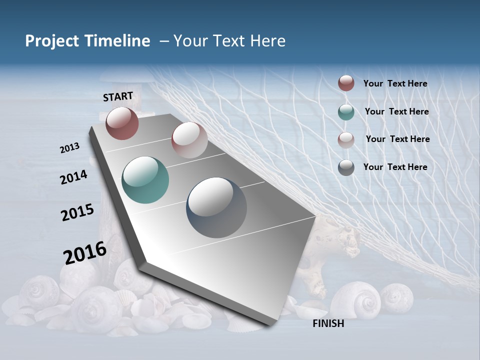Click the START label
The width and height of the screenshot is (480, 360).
[x=118, y=96]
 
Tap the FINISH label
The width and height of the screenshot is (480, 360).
[x=328, y=323]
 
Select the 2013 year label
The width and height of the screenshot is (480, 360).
[x=70, y=148]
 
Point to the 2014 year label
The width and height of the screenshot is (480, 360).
[x=73, y=177]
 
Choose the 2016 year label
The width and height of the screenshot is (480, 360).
[x=85, y=252]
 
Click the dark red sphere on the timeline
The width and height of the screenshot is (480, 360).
[x=122, y=123]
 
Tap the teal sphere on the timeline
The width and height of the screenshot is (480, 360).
[x=145, y=180]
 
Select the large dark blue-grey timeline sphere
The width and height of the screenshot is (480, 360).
[x=216, y=207]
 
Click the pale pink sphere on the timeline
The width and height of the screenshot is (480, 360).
[x=189, y=140]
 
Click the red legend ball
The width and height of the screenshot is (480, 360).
[x=346, y=83]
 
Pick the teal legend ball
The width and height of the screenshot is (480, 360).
[x=346, y=112]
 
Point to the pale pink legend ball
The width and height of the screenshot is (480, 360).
[x=346, y=139]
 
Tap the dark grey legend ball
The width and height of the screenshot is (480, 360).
[x=346, y=167]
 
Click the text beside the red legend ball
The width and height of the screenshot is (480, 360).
[x=395, y=83]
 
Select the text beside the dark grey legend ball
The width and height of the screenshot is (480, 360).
[x=395, y=167]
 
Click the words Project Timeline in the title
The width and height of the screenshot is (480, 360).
[x=87, y=41]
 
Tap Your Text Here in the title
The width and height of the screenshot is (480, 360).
[x=229, y=41]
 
